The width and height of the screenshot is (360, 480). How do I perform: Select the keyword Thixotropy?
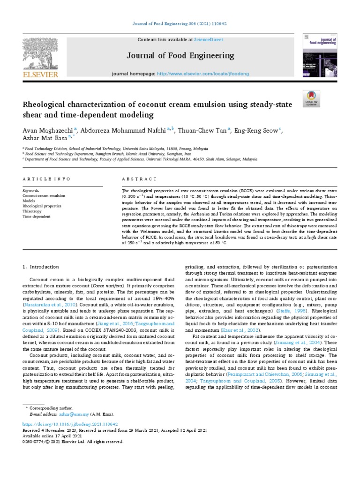(x=32, y=211)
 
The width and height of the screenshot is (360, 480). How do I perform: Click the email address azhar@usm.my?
(x=68, y=414)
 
